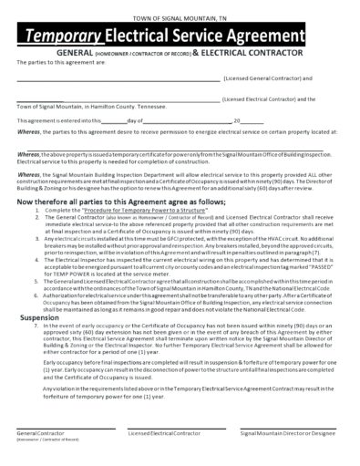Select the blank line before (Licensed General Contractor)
(118, 79)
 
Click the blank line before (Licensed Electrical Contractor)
(118, 98)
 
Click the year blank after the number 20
(256, 119)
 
